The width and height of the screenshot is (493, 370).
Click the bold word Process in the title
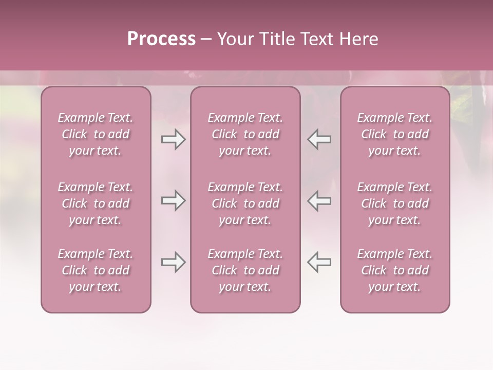click(161, 39)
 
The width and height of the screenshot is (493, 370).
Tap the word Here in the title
click(358, 39)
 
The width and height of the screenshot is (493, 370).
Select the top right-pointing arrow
click(173, 139)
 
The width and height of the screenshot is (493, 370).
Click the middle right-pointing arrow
click(173, 200)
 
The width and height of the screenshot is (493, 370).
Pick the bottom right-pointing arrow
click(173, 262)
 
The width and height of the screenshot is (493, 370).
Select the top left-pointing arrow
click(319, 139)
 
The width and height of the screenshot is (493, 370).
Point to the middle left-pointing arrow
click(319, 200)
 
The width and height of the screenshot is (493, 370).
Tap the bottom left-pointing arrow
click(319, 262)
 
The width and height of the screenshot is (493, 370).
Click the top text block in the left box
click(96, 134)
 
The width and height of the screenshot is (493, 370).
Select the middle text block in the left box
click(96, 203)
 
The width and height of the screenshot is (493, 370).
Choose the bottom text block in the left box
click(96, 270)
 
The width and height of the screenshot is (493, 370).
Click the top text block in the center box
click(245, 134)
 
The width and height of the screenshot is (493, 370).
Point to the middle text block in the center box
click(245, 203)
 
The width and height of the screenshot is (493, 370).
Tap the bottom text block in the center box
click(245, 270)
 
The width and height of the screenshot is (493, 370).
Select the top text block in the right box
click(395, 134)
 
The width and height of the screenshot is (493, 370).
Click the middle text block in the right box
click(395, 203)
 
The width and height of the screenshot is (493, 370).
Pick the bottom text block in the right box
click(395, 270)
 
